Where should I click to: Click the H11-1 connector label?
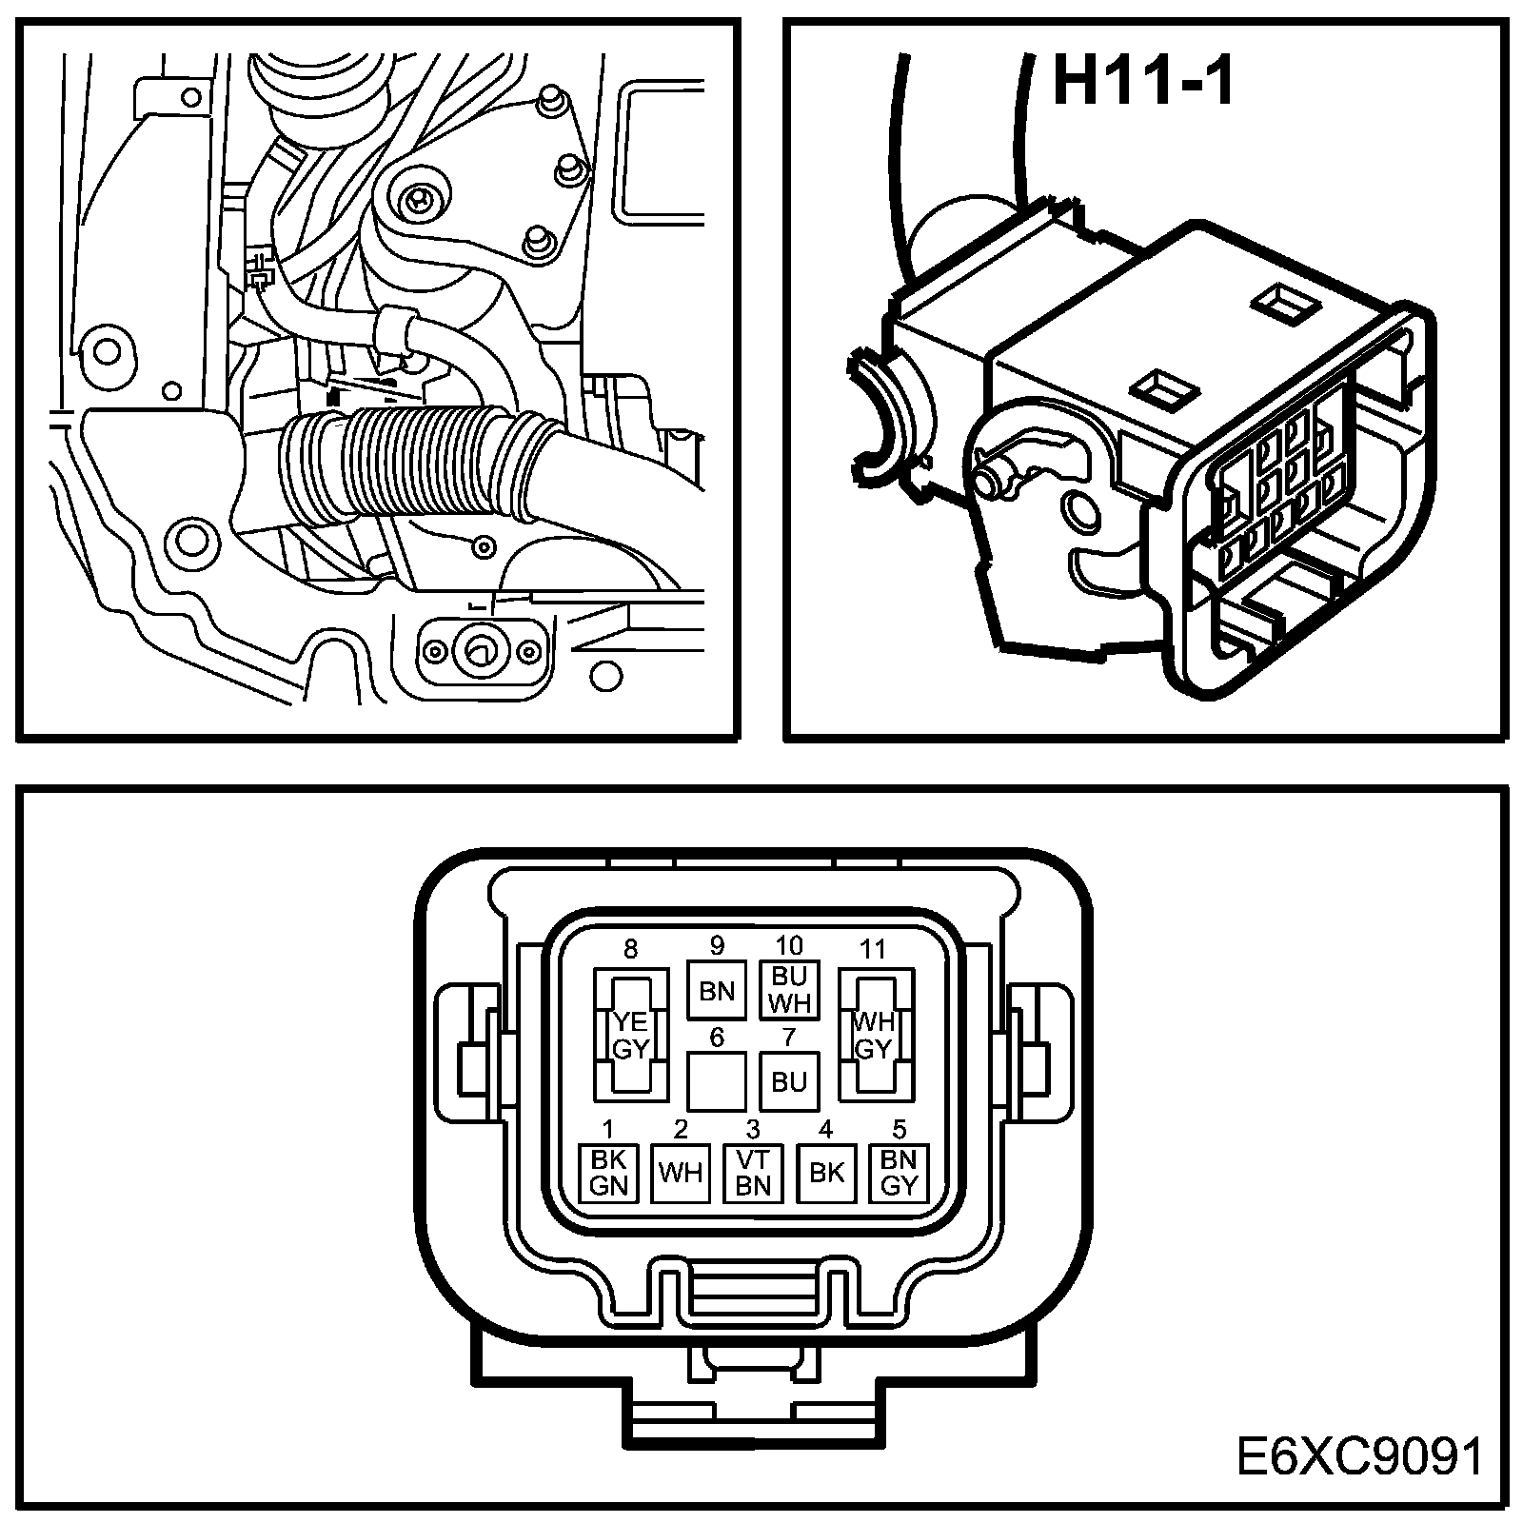point(1143,82)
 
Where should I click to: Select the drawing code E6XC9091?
point(1359,1457)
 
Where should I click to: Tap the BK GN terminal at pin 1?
point(608,1173)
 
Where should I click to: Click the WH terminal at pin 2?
point(681,1173)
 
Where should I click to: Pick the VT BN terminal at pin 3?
point(753,1173)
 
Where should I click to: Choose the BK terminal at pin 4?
point(825,1173)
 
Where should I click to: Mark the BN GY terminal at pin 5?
point(899,1173)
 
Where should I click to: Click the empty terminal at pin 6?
point(716,1082)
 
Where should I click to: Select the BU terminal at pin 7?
point(789,1082)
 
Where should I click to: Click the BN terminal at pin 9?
point(717,991)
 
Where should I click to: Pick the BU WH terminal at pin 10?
point(789,990)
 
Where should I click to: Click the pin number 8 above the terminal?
point(630,949)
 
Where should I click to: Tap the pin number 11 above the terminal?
point(872,949)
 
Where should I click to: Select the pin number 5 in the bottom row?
point(899,1130)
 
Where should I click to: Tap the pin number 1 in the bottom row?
point(608,1130)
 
